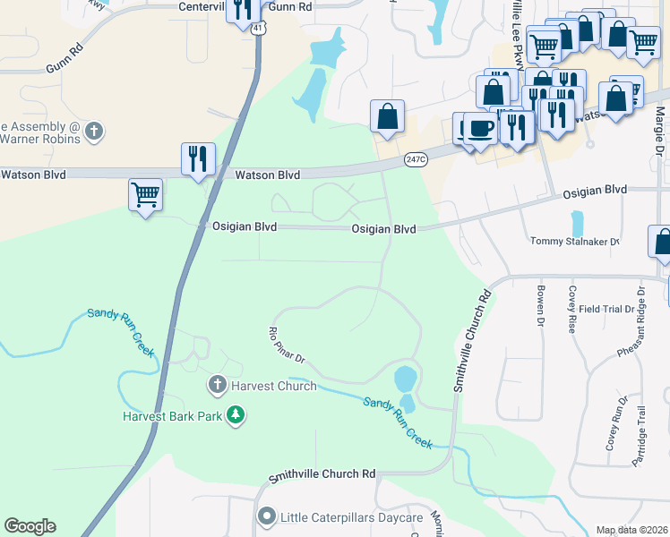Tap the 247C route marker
414,158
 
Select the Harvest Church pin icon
216,386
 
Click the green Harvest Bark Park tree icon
235,415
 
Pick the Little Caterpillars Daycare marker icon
266,517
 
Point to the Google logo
30,526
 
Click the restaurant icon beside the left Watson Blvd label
197,158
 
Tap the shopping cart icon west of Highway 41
145,193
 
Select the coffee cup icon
479,128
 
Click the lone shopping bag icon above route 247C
387,115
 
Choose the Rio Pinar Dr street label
288,345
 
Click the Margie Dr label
659,130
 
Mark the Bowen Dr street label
541,305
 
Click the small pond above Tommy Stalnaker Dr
576,223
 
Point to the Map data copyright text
631,530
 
